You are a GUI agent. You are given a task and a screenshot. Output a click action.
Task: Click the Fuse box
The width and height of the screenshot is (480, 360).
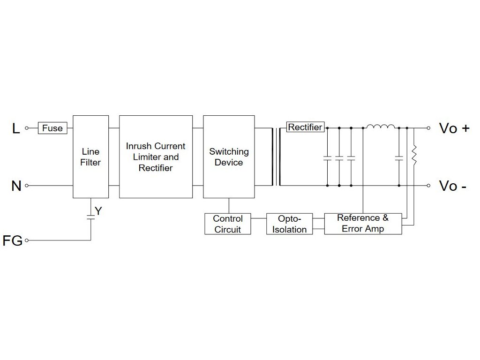52,128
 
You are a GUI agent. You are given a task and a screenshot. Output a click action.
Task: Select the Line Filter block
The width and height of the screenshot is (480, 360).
90,157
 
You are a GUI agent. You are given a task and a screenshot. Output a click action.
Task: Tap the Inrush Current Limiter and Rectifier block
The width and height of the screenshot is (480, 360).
156,157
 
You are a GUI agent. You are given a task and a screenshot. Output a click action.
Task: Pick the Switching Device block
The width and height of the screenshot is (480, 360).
229,157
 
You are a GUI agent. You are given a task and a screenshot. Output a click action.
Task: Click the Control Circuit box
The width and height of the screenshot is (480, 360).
227,224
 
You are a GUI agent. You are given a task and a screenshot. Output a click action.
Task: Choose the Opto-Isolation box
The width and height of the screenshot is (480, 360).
289,224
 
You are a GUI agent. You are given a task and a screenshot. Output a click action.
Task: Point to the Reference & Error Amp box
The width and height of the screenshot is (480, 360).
363,224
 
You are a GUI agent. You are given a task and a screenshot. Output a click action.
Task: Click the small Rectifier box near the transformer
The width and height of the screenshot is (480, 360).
305,127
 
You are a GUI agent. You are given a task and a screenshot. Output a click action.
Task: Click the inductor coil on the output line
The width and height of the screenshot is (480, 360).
380,127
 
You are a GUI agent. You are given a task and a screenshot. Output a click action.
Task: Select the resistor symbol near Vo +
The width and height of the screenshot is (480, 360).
414,155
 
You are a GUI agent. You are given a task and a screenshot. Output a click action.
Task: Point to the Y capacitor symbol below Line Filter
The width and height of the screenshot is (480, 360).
90,216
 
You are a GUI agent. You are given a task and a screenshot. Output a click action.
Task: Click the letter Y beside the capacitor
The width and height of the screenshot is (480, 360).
98,211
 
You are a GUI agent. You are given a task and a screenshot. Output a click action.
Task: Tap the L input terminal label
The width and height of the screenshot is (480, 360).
16,128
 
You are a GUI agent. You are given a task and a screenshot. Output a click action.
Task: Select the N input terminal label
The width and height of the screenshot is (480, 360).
16,186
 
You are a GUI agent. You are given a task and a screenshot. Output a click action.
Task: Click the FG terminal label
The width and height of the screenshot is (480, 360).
12,241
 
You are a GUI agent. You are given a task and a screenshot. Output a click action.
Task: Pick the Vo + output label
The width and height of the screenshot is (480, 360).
454,128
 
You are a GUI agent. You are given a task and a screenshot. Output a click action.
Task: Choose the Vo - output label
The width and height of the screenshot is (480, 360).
452,186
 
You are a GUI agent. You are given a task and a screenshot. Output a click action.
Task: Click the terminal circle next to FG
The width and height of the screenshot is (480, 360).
27,240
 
